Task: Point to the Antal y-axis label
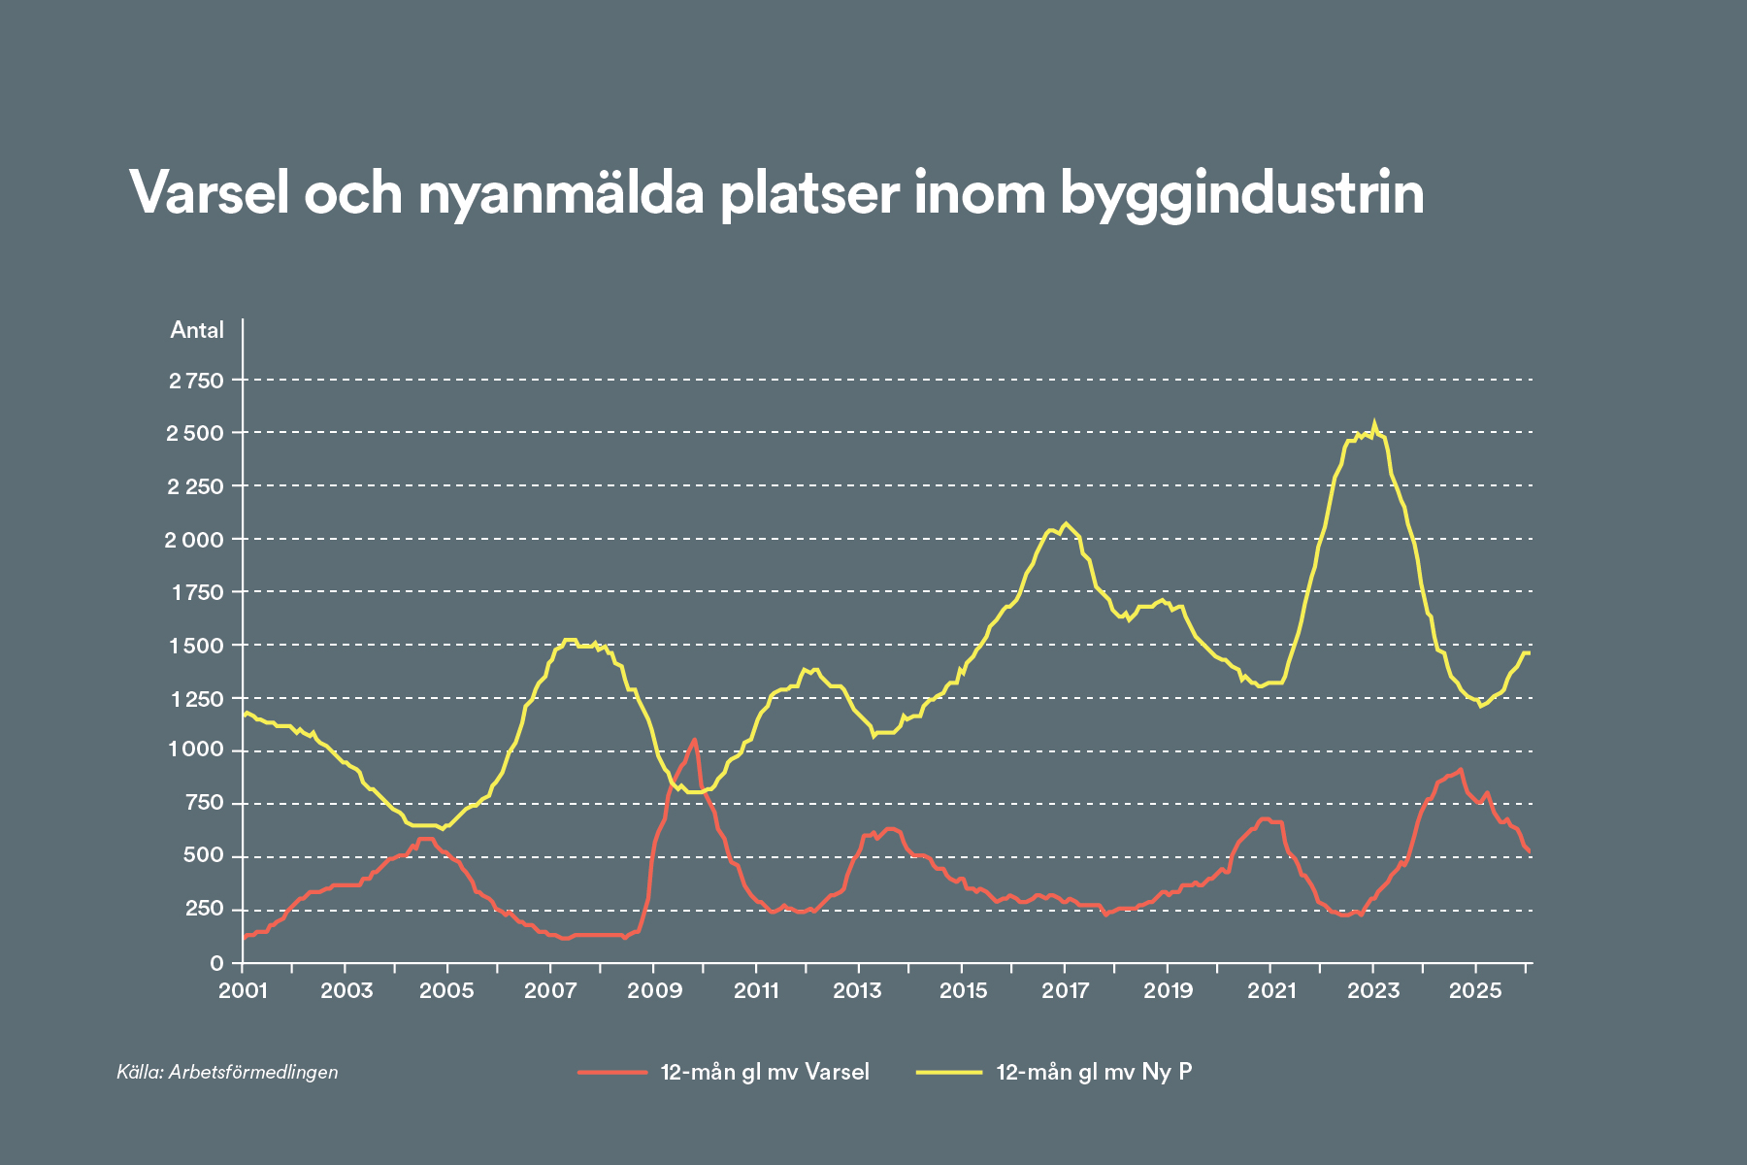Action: coord(197,330)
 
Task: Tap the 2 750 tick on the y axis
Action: coord(197,381)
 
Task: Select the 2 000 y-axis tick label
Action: coord(195,540)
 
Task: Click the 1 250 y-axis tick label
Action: coord(197,699)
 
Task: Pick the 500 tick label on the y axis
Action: coord(204,857)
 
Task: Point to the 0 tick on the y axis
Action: coord(216,963)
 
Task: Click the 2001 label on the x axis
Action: coord(243,990)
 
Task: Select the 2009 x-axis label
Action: coord(653,990)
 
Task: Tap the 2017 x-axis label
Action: coord(1065,990)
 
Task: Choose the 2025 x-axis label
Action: coord(1475,990)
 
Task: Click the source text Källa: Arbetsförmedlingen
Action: coord(227,1072)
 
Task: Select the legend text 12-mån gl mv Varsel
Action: coord(765,1072)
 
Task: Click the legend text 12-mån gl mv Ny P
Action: coord(1094,1072)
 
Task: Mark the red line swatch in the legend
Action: coord(612,1072)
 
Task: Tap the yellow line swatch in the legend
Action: coord(948,1072)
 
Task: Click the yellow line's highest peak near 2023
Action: coord(1373,422)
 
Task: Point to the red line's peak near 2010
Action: coord(694,740)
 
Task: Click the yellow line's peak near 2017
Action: coord(1066,523)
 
